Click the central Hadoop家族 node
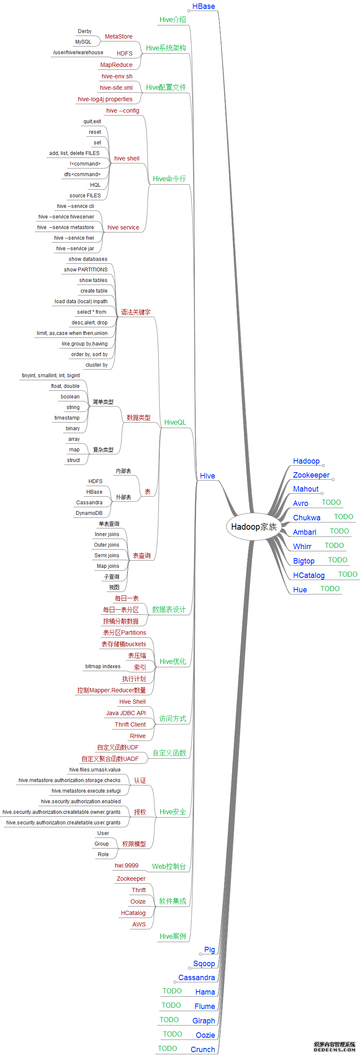pos(254,527)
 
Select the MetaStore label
pos(119,37)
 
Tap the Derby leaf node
pos(85,31)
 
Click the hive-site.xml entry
pos(116,88)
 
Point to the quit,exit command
pos(92,122)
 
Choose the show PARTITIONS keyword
pos(86,270)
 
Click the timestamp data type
pos(67,418)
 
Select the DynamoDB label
pos(89,513)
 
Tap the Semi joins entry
pos(107,556)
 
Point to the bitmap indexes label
pos(103,666)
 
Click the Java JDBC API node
pos(126,713)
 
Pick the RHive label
pos(138,736)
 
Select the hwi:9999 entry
pos(126,865)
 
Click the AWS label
pos(139,924)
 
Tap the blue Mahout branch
pos(306,489)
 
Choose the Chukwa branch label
pos(307,518)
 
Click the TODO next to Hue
pos(330,589)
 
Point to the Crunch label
pos(203,1049)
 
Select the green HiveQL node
pos(175,422)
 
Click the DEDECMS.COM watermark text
pos(335,1050)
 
